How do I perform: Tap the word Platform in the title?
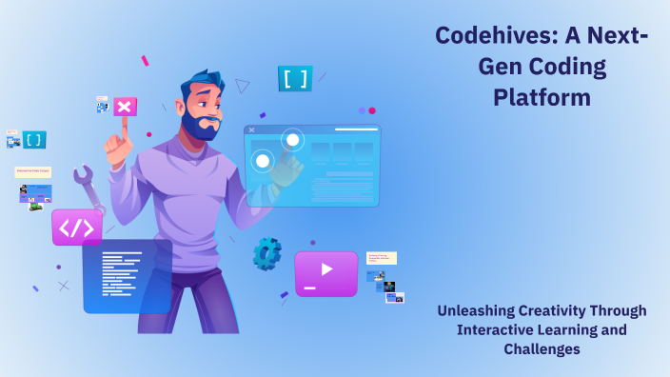click(542, 97)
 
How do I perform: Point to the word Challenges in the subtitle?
click(542, 348)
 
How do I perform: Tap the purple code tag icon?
click(76, 228)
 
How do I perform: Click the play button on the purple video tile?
click(326, 269)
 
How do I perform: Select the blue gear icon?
click(266, 252)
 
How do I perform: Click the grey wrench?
click(89, 186)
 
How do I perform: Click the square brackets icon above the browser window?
click(295, 79)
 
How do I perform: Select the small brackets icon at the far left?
click(34, 140)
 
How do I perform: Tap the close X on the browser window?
click(251, 130)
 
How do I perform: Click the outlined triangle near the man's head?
click(243, 86)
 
